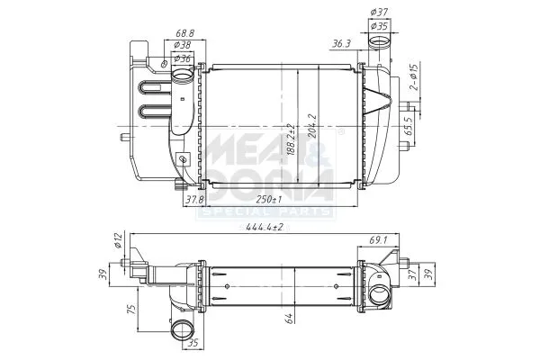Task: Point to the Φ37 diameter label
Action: coord(379,12)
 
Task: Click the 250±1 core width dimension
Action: coord(267,199)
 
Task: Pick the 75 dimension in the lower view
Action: coord(132,310)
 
